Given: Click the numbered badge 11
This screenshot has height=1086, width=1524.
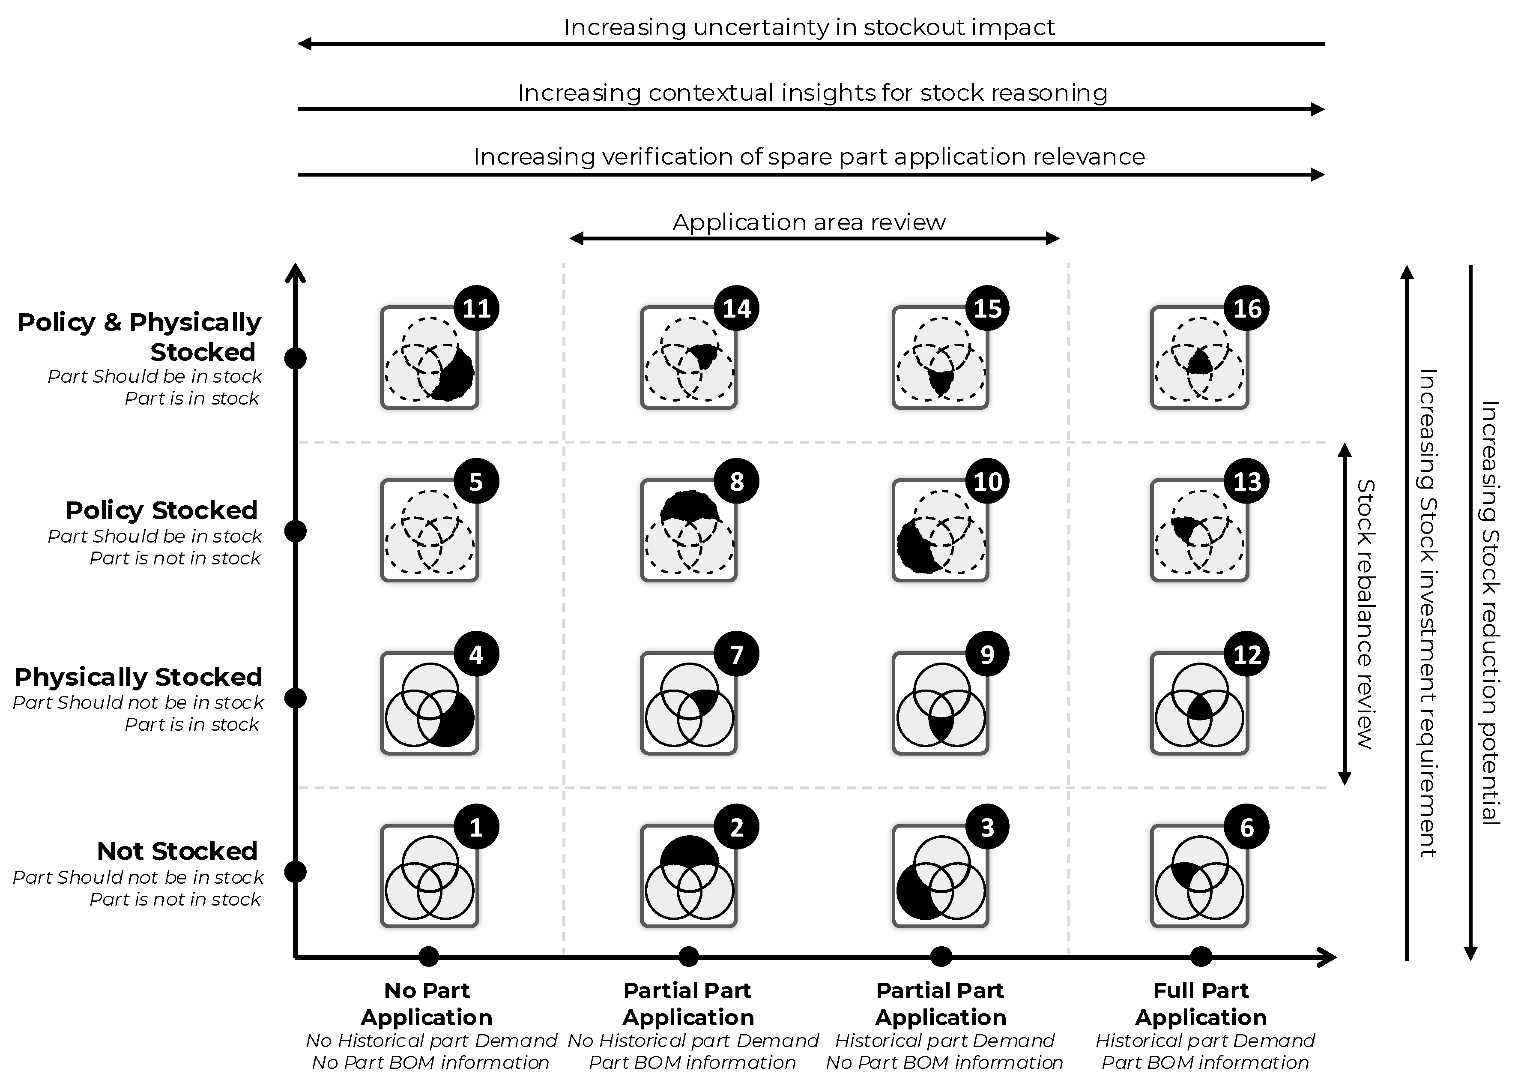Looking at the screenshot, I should pyautogui.click(x=477, y=308).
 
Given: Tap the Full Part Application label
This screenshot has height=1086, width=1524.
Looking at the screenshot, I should pyautogui.click(x=1201, y=1004).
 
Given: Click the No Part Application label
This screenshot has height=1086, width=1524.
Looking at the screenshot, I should pyautogui.click(x=427, y=1004).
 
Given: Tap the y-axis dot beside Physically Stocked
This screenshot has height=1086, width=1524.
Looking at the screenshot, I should pyautogui.click(x=296, y=698).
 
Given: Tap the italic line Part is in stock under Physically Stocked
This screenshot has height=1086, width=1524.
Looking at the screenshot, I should pyautogui.click(x=192, y=724).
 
